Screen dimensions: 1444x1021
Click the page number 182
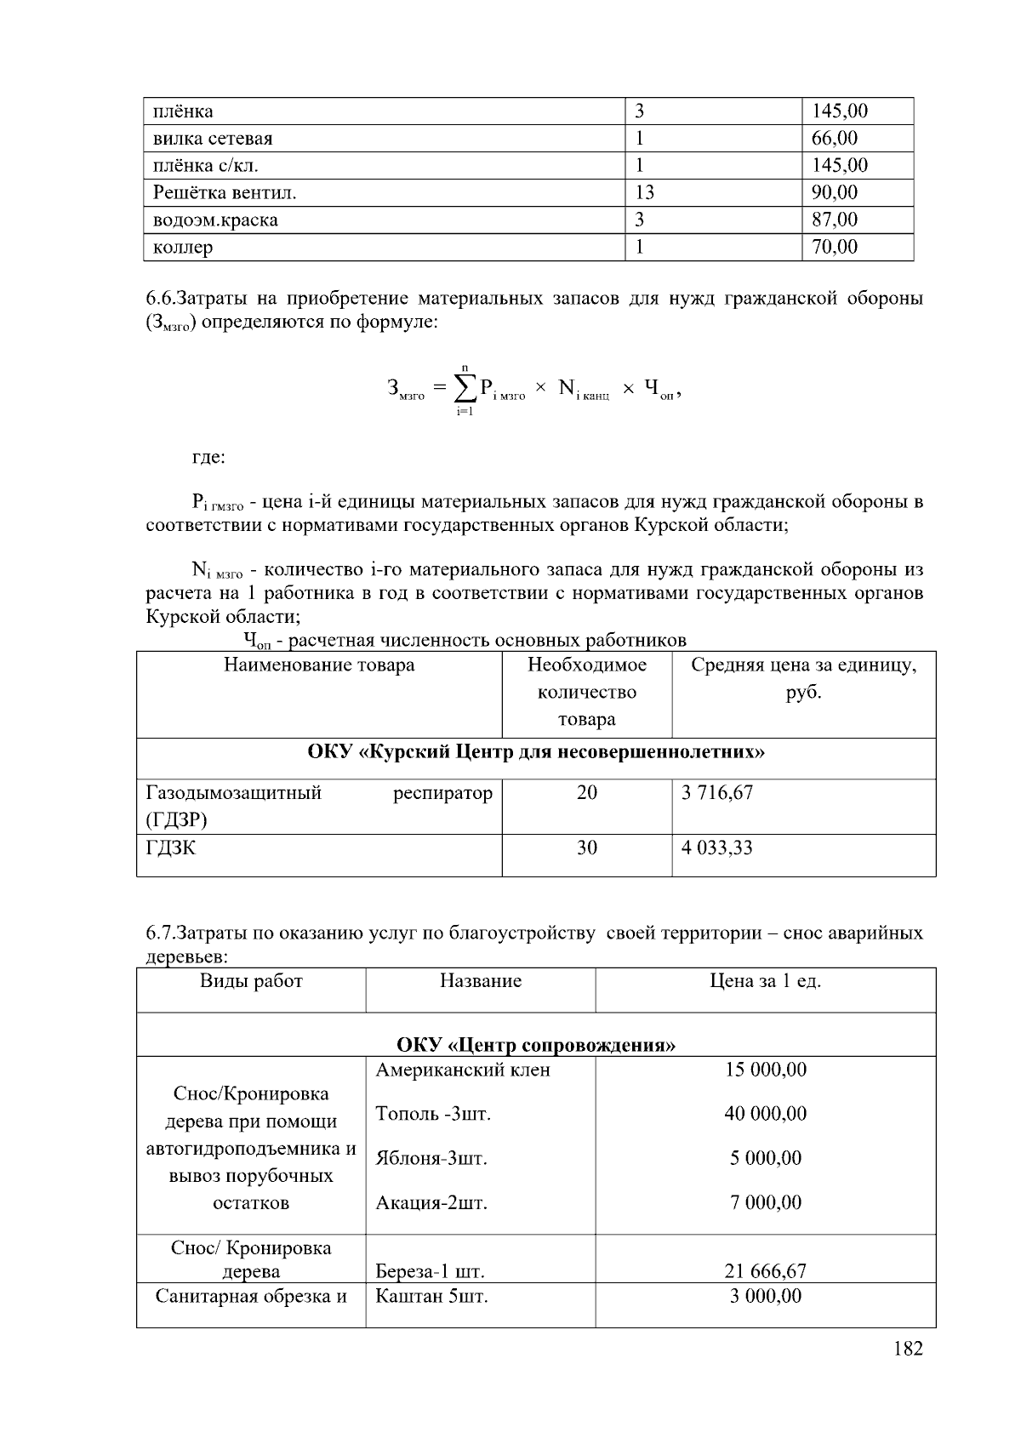pos(908,1348)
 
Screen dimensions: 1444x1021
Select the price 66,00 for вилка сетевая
pos(834,138)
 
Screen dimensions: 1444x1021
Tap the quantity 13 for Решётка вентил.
pos(644,192)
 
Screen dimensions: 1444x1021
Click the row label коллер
pos(183,248)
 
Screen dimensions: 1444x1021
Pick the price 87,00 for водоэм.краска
pos(834,220)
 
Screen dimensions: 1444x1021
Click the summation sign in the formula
pos(465,390)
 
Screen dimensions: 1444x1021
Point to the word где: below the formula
pos(208,458)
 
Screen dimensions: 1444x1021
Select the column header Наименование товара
pos(319,665)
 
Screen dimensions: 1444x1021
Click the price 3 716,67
pos(716,793)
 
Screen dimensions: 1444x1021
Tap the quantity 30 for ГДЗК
pos(586,848)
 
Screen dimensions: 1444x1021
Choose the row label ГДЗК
pos(170,848)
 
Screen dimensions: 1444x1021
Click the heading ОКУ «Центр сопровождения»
pos(535,1045)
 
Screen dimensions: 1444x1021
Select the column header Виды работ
pos(251,981)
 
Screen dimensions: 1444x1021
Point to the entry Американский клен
pos(462,1070)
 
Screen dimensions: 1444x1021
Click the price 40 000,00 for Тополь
pos(765,1114)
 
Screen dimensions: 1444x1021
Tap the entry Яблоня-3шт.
pos(431,1158)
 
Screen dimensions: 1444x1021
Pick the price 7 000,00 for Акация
pos(765,1202)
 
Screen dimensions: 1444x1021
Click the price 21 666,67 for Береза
pos(765,1271)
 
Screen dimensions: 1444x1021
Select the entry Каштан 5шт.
pos(431,1297)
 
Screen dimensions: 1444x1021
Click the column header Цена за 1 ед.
pos(765,981)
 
